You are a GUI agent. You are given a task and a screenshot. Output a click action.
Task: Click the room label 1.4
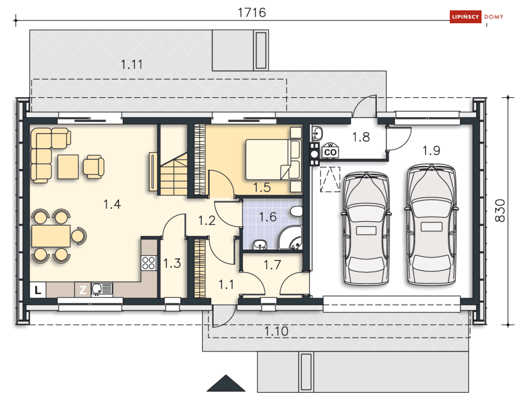point(112,204)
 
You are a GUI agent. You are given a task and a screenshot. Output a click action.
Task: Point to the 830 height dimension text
point(500,210)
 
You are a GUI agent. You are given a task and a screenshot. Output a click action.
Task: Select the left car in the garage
point(366,228)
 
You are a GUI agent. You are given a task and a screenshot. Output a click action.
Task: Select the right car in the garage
point(431,224)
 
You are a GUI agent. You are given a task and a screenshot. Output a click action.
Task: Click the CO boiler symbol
point(330,152)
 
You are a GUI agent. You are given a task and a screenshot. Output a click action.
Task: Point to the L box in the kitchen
point(38,290)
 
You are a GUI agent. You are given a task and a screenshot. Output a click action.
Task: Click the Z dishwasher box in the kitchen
point(82,290)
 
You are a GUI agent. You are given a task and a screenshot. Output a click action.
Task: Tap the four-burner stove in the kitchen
point(149,263)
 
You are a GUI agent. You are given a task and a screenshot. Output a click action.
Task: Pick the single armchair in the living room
point(94,166)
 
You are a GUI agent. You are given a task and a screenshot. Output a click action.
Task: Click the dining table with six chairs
point(51,236)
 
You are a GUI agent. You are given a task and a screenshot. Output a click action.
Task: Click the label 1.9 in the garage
point(431,151)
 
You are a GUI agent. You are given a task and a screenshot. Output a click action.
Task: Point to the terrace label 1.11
point(131,65)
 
